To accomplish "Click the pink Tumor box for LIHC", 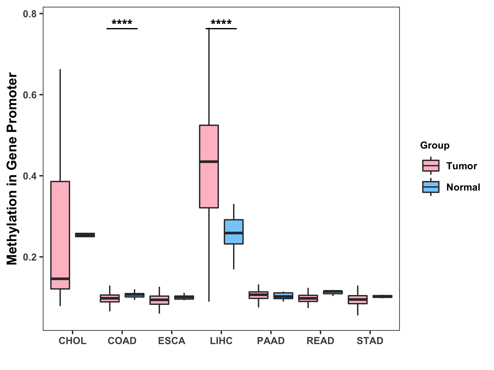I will point(209,185).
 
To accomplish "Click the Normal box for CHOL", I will point(85,235).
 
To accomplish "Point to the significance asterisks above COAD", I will point(122,23).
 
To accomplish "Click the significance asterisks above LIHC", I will point(221,23).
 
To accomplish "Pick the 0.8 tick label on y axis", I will point(30,14).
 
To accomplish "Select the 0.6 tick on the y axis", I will point(30,95).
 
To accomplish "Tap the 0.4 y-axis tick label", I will point(30,176).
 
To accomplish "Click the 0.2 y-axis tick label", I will point(30,257).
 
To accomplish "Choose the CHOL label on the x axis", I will point(72,341).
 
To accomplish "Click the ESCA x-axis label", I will point(172,341).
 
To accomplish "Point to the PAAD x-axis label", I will point(271,341).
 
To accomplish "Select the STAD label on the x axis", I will point(370,341).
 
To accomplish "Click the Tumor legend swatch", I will point(431,166).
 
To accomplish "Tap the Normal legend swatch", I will point(431,187).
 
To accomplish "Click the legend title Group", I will point(435,145).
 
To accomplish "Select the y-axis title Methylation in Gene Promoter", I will point(12,169).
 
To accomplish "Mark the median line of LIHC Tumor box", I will point(209,162).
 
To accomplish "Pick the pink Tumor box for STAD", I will point(358,300).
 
